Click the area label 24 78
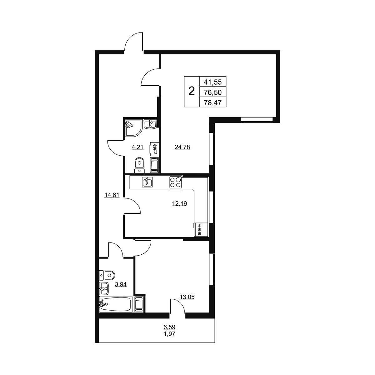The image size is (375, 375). point(182,147)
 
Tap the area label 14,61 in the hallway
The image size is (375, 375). point(112,195)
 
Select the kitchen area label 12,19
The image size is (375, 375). point(179,203)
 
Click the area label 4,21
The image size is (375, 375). point(137,147)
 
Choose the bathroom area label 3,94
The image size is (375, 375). point(121,284)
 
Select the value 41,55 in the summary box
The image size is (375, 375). point(213,82)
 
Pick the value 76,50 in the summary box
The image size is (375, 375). point(213,92)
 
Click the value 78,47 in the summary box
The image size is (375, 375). point(213,102)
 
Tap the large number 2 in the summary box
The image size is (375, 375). point(192,91)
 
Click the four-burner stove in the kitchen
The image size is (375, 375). point(176,182)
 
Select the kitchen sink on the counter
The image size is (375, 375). point(147,182)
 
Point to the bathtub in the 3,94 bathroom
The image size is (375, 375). point(116,304)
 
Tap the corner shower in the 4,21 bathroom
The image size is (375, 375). point(133,128)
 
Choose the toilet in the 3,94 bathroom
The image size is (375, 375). point(107,275)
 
